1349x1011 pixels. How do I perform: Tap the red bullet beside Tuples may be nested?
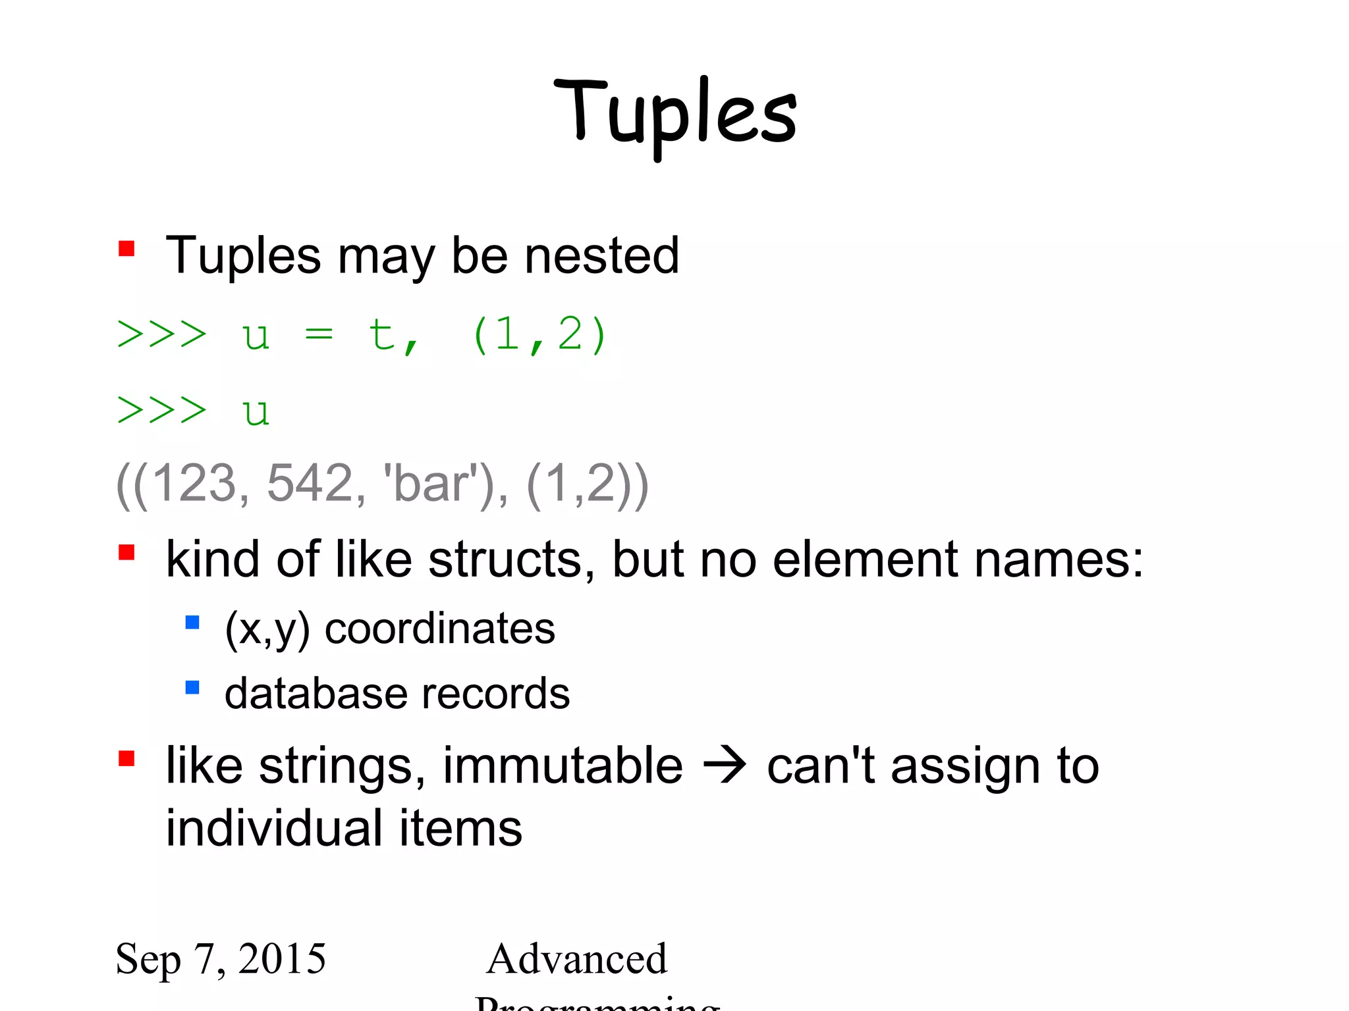126,249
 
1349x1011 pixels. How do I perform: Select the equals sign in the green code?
319,335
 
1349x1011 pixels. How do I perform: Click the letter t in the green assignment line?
382,334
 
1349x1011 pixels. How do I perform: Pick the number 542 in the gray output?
310,484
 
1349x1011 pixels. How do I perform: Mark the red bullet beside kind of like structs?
126,552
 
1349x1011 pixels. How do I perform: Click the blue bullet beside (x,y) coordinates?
192,622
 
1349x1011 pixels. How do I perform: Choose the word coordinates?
440,629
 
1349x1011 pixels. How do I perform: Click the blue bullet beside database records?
192,688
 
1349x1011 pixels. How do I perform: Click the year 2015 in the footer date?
282,958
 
